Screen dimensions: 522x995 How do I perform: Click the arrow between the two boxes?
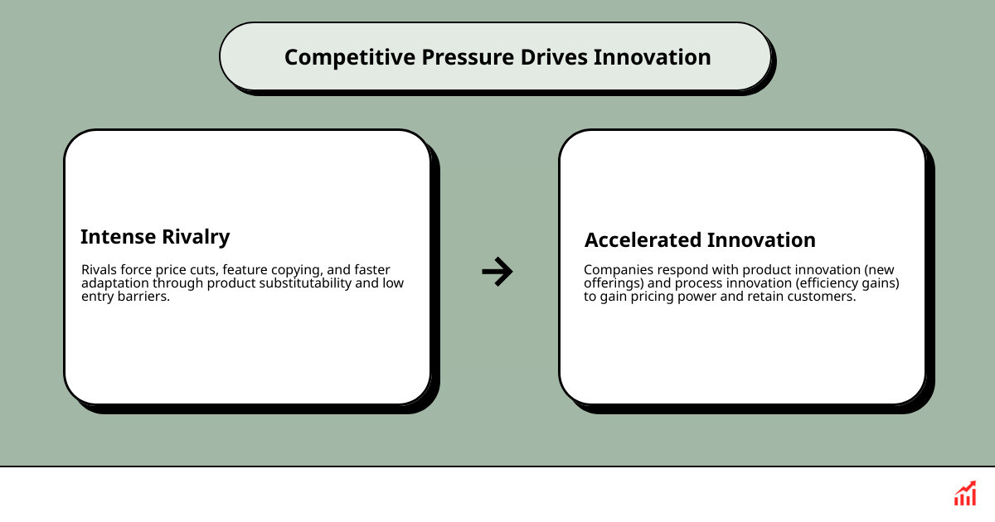click(x=498, y=271)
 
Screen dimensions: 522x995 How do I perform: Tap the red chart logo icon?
click(x=964, y=494)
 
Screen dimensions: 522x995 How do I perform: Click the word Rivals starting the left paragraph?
click(x=99, y=270)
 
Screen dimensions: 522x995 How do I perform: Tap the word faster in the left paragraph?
click(x=371, y=270)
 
